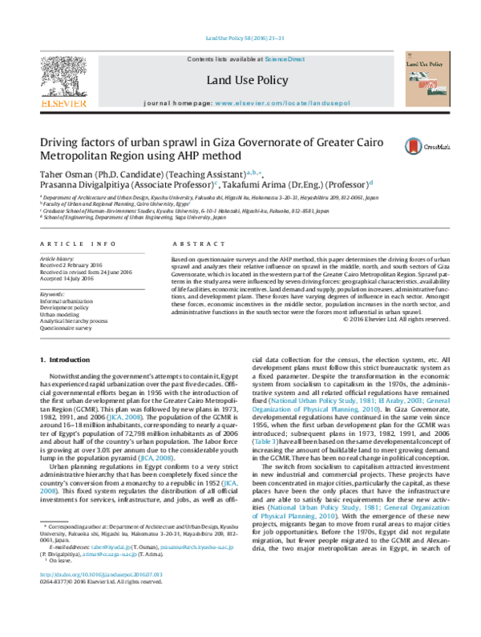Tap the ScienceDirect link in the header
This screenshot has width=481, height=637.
[285, 59]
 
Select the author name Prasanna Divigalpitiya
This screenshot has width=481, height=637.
[87, 186]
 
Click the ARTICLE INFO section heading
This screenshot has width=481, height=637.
[71, 243]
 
